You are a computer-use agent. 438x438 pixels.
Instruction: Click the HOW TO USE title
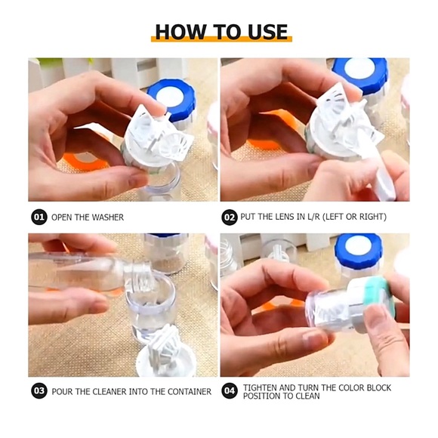(221, 32)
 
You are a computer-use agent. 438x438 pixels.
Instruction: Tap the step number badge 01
(39, 217)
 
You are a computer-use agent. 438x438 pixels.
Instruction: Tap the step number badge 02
(230, 217)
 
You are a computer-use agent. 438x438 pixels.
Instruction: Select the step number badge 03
(39, 391)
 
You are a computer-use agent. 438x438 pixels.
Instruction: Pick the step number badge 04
(230, 391)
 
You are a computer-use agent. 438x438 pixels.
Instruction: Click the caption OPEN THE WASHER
(88, 217)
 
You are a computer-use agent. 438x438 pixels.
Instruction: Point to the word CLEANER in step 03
(110, 392)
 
